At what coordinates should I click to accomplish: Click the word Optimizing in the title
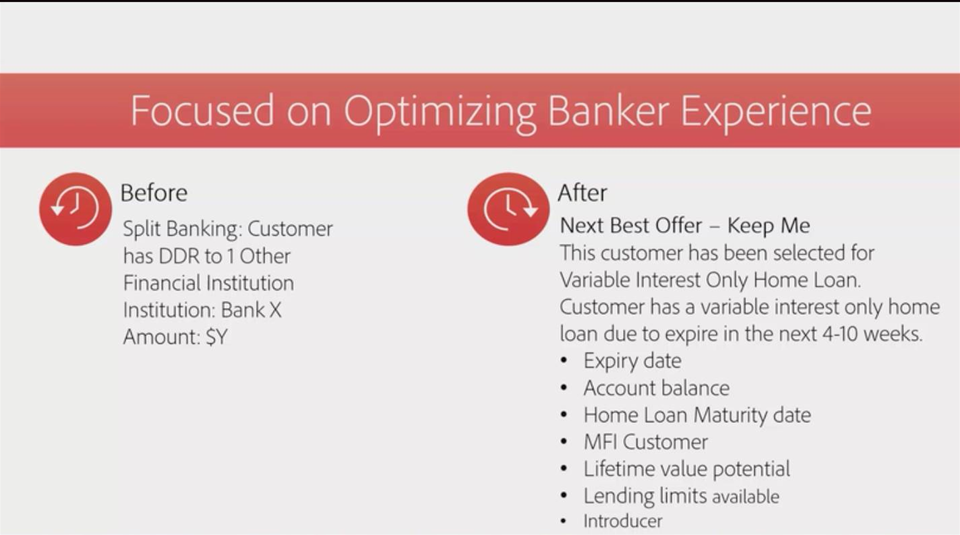(x=440, y=113)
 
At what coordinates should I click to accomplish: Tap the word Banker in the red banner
(x=609, y=111)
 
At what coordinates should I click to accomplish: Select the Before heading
(x=154, y=193)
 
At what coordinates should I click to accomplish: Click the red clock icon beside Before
(x=76, y=209)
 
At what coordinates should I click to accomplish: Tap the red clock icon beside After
(x=508, y=209)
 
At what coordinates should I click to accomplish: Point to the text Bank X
(x=251, y=310)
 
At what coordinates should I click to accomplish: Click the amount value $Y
(x=216, y=337)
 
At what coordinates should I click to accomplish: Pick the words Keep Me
(x=769, y=226)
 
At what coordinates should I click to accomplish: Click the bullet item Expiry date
(x=632, y=360)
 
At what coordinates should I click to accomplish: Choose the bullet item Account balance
(x=656, y=388)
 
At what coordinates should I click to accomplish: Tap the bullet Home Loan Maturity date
(x=697, y=415)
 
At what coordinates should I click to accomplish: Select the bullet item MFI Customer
(x=646, y=442)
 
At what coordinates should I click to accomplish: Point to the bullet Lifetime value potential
(x=687, y=469)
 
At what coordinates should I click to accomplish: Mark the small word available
(x=746, y=497)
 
